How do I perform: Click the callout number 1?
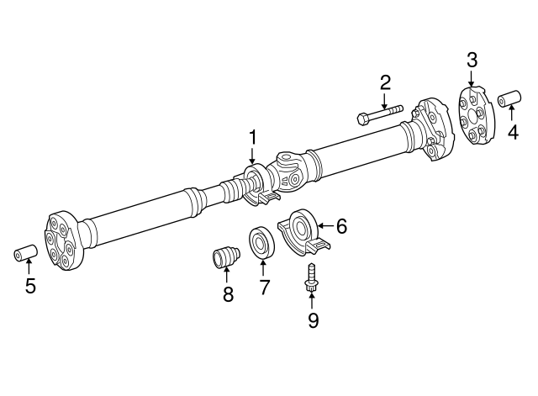coord(251,137)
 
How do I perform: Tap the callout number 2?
coord(385,82)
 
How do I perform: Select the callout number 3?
coord(472,59)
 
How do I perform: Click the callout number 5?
coord(30,286)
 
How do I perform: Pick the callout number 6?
coord(340,225)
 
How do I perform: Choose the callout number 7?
coord(263,288)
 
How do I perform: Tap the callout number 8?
coord(227,294)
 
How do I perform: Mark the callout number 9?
coord(313,320)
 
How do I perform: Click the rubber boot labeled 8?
coord(225,256)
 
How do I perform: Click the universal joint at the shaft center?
coord(290,167)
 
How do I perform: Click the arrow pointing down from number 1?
coord(251,156)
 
